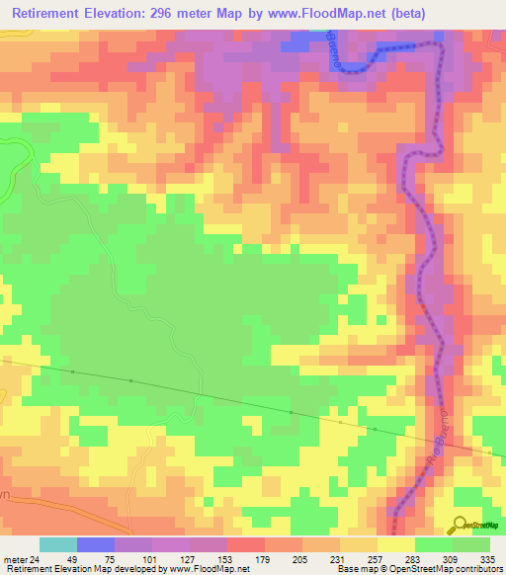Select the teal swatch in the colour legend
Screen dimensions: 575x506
[x=57, y=544]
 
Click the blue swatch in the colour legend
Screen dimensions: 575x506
[x=95, y=544]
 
